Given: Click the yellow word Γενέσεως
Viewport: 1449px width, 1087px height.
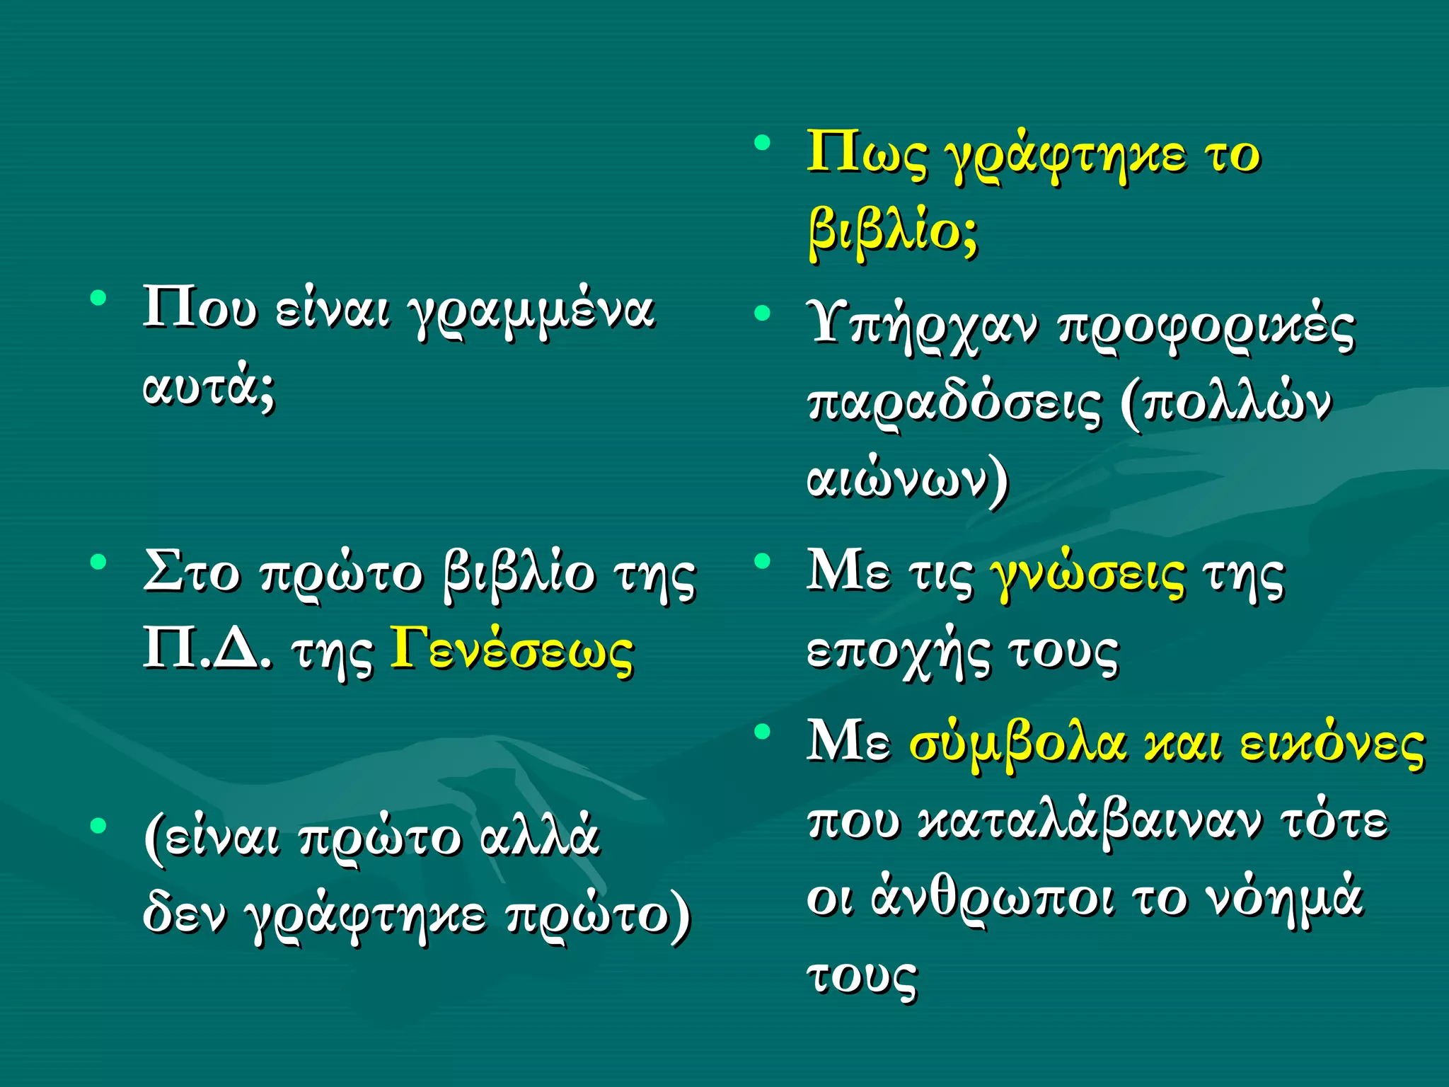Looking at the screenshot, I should coord(512,650).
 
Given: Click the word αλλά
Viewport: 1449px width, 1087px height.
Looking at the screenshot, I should coord(540,837).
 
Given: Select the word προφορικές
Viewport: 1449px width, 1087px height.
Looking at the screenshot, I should coord(1206,328).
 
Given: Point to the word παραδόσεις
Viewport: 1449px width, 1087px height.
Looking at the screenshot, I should coord(954,404).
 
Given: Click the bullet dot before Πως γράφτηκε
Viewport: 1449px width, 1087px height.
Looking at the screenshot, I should coord(762,144).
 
